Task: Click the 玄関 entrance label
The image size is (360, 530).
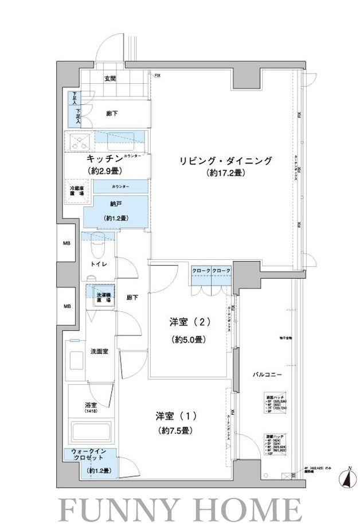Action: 110,79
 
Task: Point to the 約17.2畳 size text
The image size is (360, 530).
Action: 224,173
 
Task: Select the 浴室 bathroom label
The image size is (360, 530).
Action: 91,405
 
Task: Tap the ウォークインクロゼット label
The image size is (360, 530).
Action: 89,455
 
